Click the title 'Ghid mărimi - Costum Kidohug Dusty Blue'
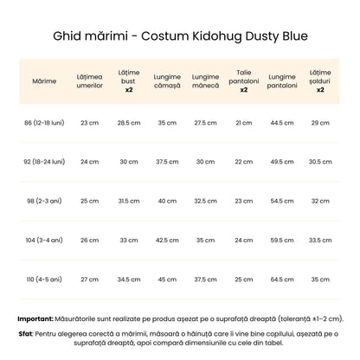tap(180, 37)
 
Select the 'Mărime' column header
tap(44, 80)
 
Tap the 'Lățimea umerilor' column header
tap(89, 80)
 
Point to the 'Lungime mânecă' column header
tap(205, 80)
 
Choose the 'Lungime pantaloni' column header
tap(282, 80)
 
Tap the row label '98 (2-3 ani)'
tap(44, 201)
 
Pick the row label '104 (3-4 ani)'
tap(44, 240)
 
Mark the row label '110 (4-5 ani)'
tap(44, 279)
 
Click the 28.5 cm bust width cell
tap(129, 123)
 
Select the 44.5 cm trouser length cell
tap(282, 123)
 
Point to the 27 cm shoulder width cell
tap(89, 279)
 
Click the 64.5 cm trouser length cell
tap(282, 279)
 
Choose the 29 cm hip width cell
tap(320, 123)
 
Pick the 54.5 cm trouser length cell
tap(282, 201)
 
